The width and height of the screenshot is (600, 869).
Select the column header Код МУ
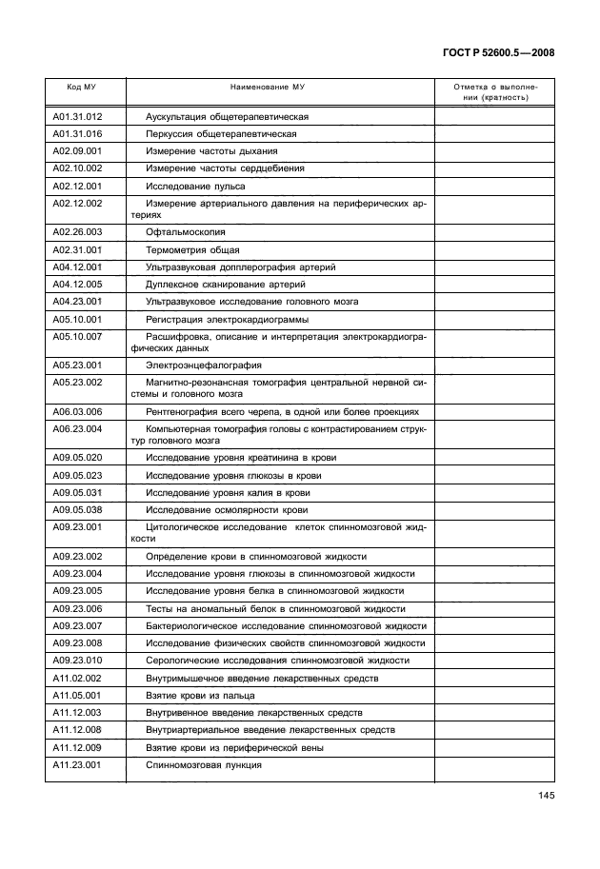click(81, 87)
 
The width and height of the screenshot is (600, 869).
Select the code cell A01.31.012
click(77, 117)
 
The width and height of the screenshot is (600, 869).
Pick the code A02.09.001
click(77, 151)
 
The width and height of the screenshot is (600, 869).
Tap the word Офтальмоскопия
click(185, 232)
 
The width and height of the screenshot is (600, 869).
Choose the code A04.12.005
click(77, 284)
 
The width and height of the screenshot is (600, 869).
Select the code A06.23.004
click(77, 428)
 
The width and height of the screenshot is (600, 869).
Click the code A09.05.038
click(77, 509)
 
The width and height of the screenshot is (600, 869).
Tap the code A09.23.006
click(77, 608)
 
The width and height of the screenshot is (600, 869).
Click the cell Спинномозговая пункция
click(203, 764)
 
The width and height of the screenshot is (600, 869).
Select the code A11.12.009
click(77, 747)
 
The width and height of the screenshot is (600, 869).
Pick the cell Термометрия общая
click(191, 249)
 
